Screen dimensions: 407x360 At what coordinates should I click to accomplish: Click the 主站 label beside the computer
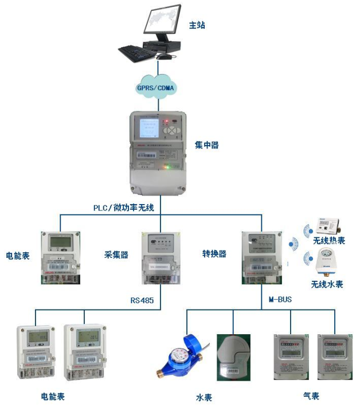(197, 25)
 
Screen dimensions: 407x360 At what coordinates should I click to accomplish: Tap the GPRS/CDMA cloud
(156, 88)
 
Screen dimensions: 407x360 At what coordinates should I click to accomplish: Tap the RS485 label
(142, 299)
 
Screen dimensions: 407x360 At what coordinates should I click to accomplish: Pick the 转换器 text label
(214, 253)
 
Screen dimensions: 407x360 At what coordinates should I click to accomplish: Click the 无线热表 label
(329, 241)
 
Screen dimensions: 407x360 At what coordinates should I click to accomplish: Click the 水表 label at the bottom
(204, 397)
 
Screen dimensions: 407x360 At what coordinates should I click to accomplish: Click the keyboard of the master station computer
(134, 53)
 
